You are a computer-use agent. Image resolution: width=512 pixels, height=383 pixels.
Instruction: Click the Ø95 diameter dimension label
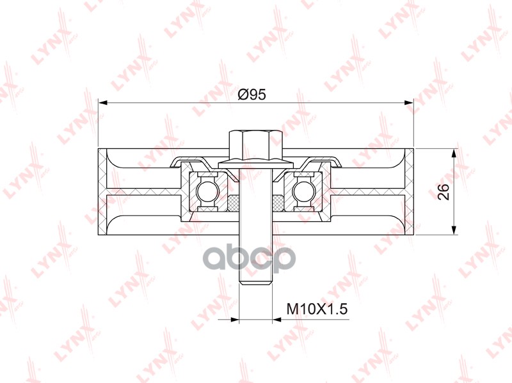coord(252,95)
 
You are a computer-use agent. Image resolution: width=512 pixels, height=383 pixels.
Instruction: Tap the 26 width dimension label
coord(444,192)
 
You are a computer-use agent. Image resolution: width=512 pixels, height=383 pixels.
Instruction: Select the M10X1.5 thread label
coord(317,309)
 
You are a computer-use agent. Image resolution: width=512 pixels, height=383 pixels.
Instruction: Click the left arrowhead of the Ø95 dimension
coord(102,103)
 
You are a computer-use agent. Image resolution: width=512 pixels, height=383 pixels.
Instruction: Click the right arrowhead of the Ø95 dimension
coord(409,103)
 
